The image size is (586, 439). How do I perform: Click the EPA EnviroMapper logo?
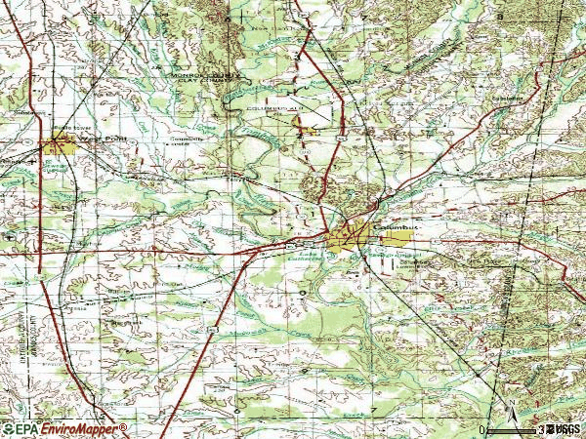pos(64,429)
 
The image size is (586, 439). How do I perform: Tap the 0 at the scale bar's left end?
pos(481,429)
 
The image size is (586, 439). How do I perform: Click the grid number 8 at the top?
pos(228,18)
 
